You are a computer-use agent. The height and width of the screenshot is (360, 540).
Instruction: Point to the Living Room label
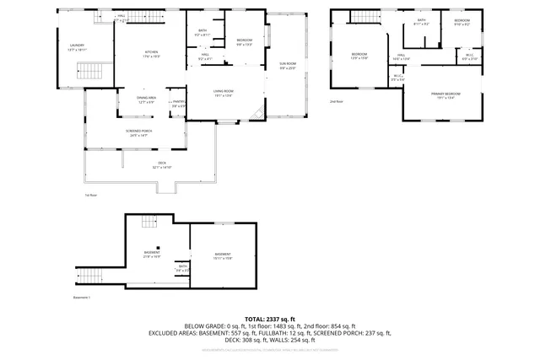click(x=223, y=93)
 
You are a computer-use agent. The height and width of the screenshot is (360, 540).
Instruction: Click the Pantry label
click(x=179, y=104)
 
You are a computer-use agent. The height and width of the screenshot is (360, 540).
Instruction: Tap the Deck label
click(x=162, y=164)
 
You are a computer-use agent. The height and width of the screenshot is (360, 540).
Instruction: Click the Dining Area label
click(x=147, y=99)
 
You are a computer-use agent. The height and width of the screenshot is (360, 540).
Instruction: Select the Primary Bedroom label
click(x=446, y=94)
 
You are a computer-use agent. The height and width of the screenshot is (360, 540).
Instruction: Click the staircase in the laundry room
click(x=89, y=72)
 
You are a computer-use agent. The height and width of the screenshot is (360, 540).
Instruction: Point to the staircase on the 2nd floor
click(x=362, y=19)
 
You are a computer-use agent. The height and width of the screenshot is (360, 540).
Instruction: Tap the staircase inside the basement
click(x=149, y=222)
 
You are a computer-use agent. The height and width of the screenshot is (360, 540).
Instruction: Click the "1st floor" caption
click(x=92, y=196)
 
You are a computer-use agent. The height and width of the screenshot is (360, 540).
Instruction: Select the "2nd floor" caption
click(x=337, y=102)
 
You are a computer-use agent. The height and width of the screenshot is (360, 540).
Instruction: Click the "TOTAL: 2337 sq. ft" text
click(x=270, y=318)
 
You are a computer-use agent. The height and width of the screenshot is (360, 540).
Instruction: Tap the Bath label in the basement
click(x=183, y=267)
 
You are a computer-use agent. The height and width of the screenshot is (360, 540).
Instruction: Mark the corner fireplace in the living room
click(x=262, y=116)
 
